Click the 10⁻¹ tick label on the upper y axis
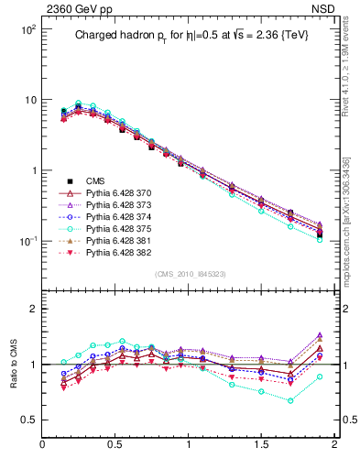tap(26, 241)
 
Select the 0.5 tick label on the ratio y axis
tap(27, 420)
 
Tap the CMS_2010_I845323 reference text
tap(189, 273)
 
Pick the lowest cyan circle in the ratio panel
tap(290, 400)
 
